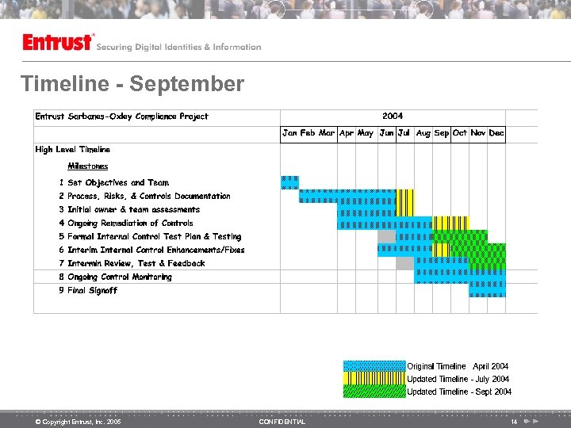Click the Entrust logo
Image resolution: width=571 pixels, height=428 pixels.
point(58,43)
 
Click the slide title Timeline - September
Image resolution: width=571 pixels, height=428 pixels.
point(132,84)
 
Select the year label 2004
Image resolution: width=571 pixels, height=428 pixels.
point(393,117)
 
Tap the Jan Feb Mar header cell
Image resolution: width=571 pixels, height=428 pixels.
point(308,133)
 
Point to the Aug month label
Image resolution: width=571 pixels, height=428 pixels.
point(423,133)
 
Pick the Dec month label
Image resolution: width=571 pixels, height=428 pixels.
point(496,133)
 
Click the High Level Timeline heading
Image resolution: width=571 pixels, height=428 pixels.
point(73,149)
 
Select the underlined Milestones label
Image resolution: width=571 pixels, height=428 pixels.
point(87,166)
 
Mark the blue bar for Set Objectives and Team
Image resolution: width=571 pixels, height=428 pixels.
point(289,182)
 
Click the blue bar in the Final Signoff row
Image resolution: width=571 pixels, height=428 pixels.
point(487,290)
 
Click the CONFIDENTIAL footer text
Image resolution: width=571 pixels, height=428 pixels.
point(282,422)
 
